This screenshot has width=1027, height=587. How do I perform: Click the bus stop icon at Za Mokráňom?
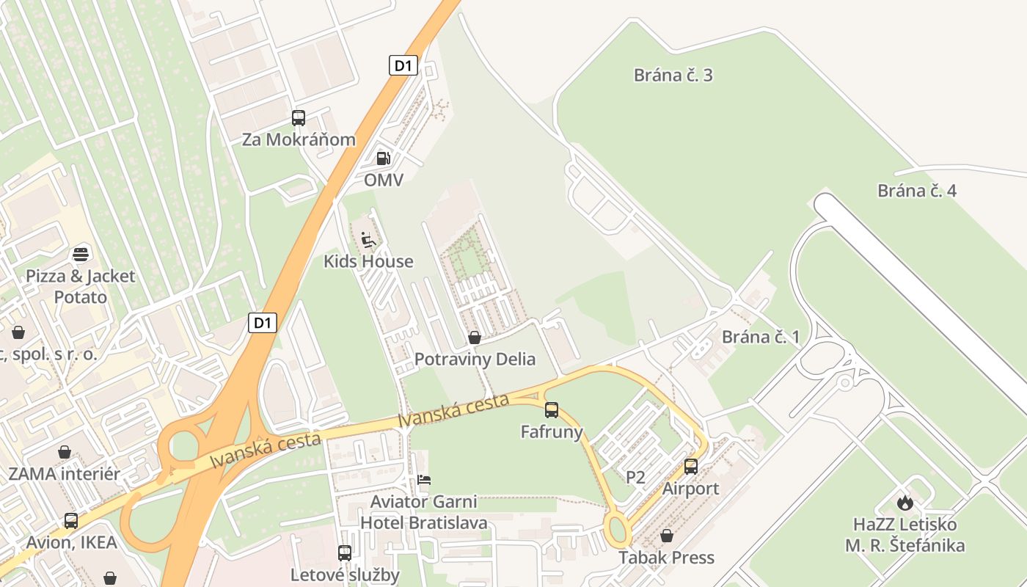pyautogui.click(x=299, y=117)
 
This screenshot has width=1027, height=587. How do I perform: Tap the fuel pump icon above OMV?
pyautogui.click(x=383, y=158)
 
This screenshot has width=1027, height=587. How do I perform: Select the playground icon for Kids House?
pyautogui.click(x=368, y=239)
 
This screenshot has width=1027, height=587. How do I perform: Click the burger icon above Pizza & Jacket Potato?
pyautogui.click(x=81, y=254)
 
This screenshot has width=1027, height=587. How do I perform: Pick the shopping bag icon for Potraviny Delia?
pyautogui.click(x=475, y=338)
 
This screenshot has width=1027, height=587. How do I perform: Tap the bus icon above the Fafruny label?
pyautogui.click(x=552, y=409)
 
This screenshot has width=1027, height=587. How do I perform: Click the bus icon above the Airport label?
pyautogui.click(x=691, y=466)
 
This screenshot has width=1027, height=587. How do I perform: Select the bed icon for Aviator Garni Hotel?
pyautogui.click(x=424, y=480)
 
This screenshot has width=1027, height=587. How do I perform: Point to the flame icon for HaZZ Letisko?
pyautogui.click(x=905, y=503)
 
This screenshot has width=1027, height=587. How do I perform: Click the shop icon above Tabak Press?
pyautogui.click(x=667, y=536)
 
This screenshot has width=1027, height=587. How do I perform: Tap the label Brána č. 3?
pyautogui.click(x=673, y=75)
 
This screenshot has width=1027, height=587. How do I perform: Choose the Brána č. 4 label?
pyautogui.click(x=917, y=191)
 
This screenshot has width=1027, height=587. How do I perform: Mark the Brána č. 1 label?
pyautogui.click(x=761, y=337)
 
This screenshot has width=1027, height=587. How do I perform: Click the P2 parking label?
pyautogui.click(x=635, y=477)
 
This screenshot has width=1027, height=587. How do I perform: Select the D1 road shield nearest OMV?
pyautogui.click(x=403, y=65)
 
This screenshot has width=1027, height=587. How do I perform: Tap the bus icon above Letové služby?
pyautogui.click(x=345, y=553)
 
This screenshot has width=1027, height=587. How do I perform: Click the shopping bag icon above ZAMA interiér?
pyautogui.click(x=65, y=451)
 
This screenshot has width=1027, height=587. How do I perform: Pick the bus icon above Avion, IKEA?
pyautogui.click(x=71, y=520)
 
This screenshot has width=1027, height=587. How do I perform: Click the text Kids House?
pyautogui.click(x=368, y=261)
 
